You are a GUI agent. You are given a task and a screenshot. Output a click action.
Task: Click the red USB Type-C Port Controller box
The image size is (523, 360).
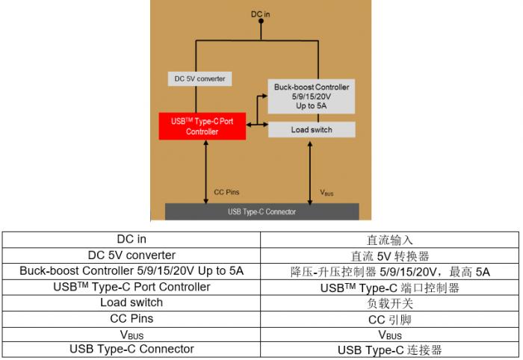202,126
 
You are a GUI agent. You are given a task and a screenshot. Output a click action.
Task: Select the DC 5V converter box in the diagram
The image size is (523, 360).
199,79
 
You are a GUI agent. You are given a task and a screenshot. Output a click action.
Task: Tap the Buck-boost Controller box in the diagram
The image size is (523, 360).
312,96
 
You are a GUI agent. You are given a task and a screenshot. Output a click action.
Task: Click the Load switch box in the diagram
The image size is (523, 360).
312,130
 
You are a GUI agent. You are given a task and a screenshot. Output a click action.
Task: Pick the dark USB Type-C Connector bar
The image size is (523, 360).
262,211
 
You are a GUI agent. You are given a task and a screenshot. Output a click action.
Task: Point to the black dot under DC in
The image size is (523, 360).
261,21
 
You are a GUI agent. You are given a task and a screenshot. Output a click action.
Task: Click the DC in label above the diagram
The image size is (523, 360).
261,14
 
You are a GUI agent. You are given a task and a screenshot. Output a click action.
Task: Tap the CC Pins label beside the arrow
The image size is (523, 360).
226,193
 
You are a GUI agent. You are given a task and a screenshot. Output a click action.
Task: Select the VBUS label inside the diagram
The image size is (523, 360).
327,193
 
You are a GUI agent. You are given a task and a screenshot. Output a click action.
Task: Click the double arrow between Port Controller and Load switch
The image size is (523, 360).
257,125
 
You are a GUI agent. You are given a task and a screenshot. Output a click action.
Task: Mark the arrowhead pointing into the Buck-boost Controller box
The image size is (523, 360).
264,96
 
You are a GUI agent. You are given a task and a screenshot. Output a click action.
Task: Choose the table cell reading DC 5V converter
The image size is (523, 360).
131,255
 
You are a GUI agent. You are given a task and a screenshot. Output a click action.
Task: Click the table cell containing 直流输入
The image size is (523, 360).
389,240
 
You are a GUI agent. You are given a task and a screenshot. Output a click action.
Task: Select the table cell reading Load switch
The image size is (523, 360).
131,303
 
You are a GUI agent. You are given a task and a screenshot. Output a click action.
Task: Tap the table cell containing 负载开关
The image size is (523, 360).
389,303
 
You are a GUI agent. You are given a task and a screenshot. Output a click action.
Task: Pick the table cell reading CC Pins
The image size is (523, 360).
131,319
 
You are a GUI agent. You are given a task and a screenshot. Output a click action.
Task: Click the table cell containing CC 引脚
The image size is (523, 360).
389,319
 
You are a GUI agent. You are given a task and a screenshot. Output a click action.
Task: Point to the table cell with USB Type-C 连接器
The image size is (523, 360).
389,350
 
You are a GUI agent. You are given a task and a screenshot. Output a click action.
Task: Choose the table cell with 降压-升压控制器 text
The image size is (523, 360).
389,272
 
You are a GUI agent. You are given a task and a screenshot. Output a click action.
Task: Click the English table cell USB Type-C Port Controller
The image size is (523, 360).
131,288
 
